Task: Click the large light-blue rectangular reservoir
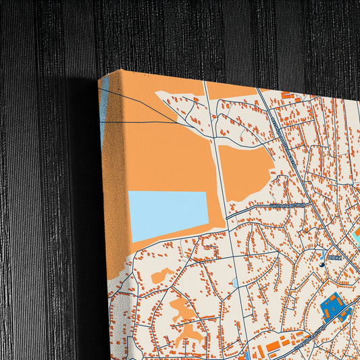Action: tap(168, 215)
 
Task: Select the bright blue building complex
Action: tap(333, 307)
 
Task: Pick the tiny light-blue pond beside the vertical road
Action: tap(234, 282)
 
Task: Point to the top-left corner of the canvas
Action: tap(99, 79)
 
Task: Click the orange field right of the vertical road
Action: tap(247, 172)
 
